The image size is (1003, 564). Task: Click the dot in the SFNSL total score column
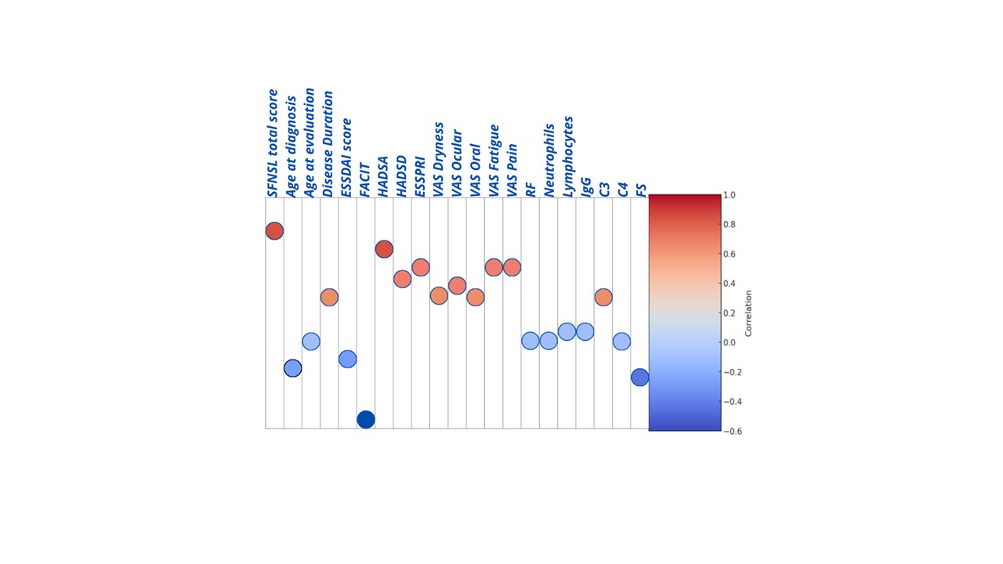(x=274, y=231)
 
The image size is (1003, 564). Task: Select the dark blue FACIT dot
(x=365, y=420)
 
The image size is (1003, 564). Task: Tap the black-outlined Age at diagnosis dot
(x=292, y=368)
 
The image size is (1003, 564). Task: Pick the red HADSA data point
(x=384, y=249)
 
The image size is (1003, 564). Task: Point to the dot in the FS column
(x=639, y=378)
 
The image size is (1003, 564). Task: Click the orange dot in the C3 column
(x=603, y=297)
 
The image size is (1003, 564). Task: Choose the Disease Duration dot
(x=329, y=297)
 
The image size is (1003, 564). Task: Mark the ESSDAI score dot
(x=347, y=360)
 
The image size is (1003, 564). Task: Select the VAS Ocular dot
(x=457, y=286)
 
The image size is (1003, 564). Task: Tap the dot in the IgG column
(x=585, y=332)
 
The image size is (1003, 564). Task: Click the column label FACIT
(x=365, y=179)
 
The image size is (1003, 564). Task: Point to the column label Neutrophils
(x=549, y=160)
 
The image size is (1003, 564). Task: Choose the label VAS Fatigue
(x=494, y=161)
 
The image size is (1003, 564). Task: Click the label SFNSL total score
(x=273, y=143)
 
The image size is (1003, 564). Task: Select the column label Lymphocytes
(x=568, y=156)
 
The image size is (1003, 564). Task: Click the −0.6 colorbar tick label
(x=731, y=431)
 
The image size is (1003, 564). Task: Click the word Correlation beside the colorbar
(x=748, y=313)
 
